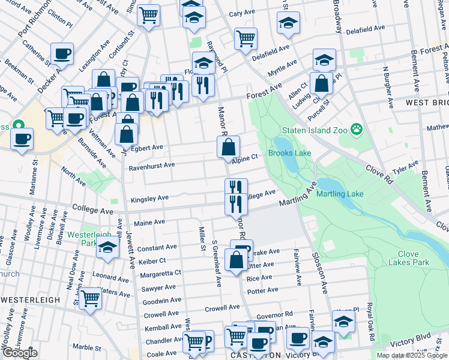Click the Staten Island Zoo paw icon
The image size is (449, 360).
(357, 128)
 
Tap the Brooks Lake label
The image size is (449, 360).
(289, 153)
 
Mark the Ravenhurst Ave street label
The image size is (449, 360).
(152, 164)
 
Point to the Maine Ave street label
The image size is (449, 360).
(149, 222)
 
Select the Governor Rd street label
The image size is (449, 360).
(274, 314)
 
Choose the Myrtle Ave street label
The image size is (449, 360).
(282, 65)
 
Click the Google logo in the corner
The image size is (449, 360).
(20, 353)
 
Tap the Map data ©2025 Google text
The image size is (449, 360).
(411, 355)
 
